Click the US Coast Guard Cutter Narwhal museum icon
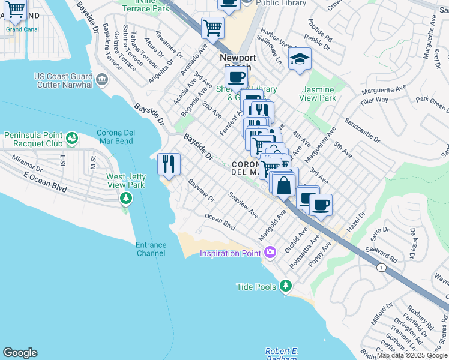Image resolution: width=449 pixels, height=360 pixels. [101, 79]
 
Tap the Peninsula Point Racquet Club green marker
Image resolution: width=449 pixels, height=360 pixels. [73, 138]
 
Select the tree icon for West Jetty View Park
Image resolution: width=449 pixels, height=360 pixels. [126, 198]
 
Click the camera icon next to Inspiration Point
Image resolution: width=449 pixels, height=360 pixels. [270, 252]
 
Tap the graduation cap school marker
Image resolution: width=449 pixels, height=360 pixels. [300, 60]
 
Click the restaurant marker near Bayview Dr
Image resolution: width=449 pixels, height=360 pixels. [169, 164]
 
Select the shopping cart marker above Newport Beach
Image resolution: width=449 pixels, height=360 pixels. [212, 28]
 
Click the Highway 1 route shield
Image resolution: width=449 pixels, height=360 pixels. [380, 267]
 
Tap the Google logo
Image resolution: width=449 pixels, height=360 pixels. [20, 353]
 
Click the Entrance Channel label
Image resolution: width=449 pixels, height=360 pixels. [151, 249]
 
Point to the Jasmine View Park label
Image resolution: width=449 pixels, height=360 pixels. [318, 94]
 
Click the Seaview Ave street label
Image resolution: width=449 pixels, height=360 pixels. [243, 205]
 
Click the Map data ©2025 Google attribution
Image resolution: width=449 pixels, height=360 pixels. [412, 355]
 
